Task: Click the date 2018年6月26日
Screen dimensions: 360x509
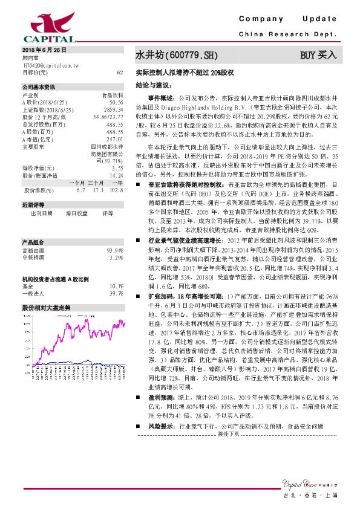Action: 44,50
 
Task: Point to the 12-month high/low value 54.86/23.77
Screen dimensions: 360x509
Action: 108,116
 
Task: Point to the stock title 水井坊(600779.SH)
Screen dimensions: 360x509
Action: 175,56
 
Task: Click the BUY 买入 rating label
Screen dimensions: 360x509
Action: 318,56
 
